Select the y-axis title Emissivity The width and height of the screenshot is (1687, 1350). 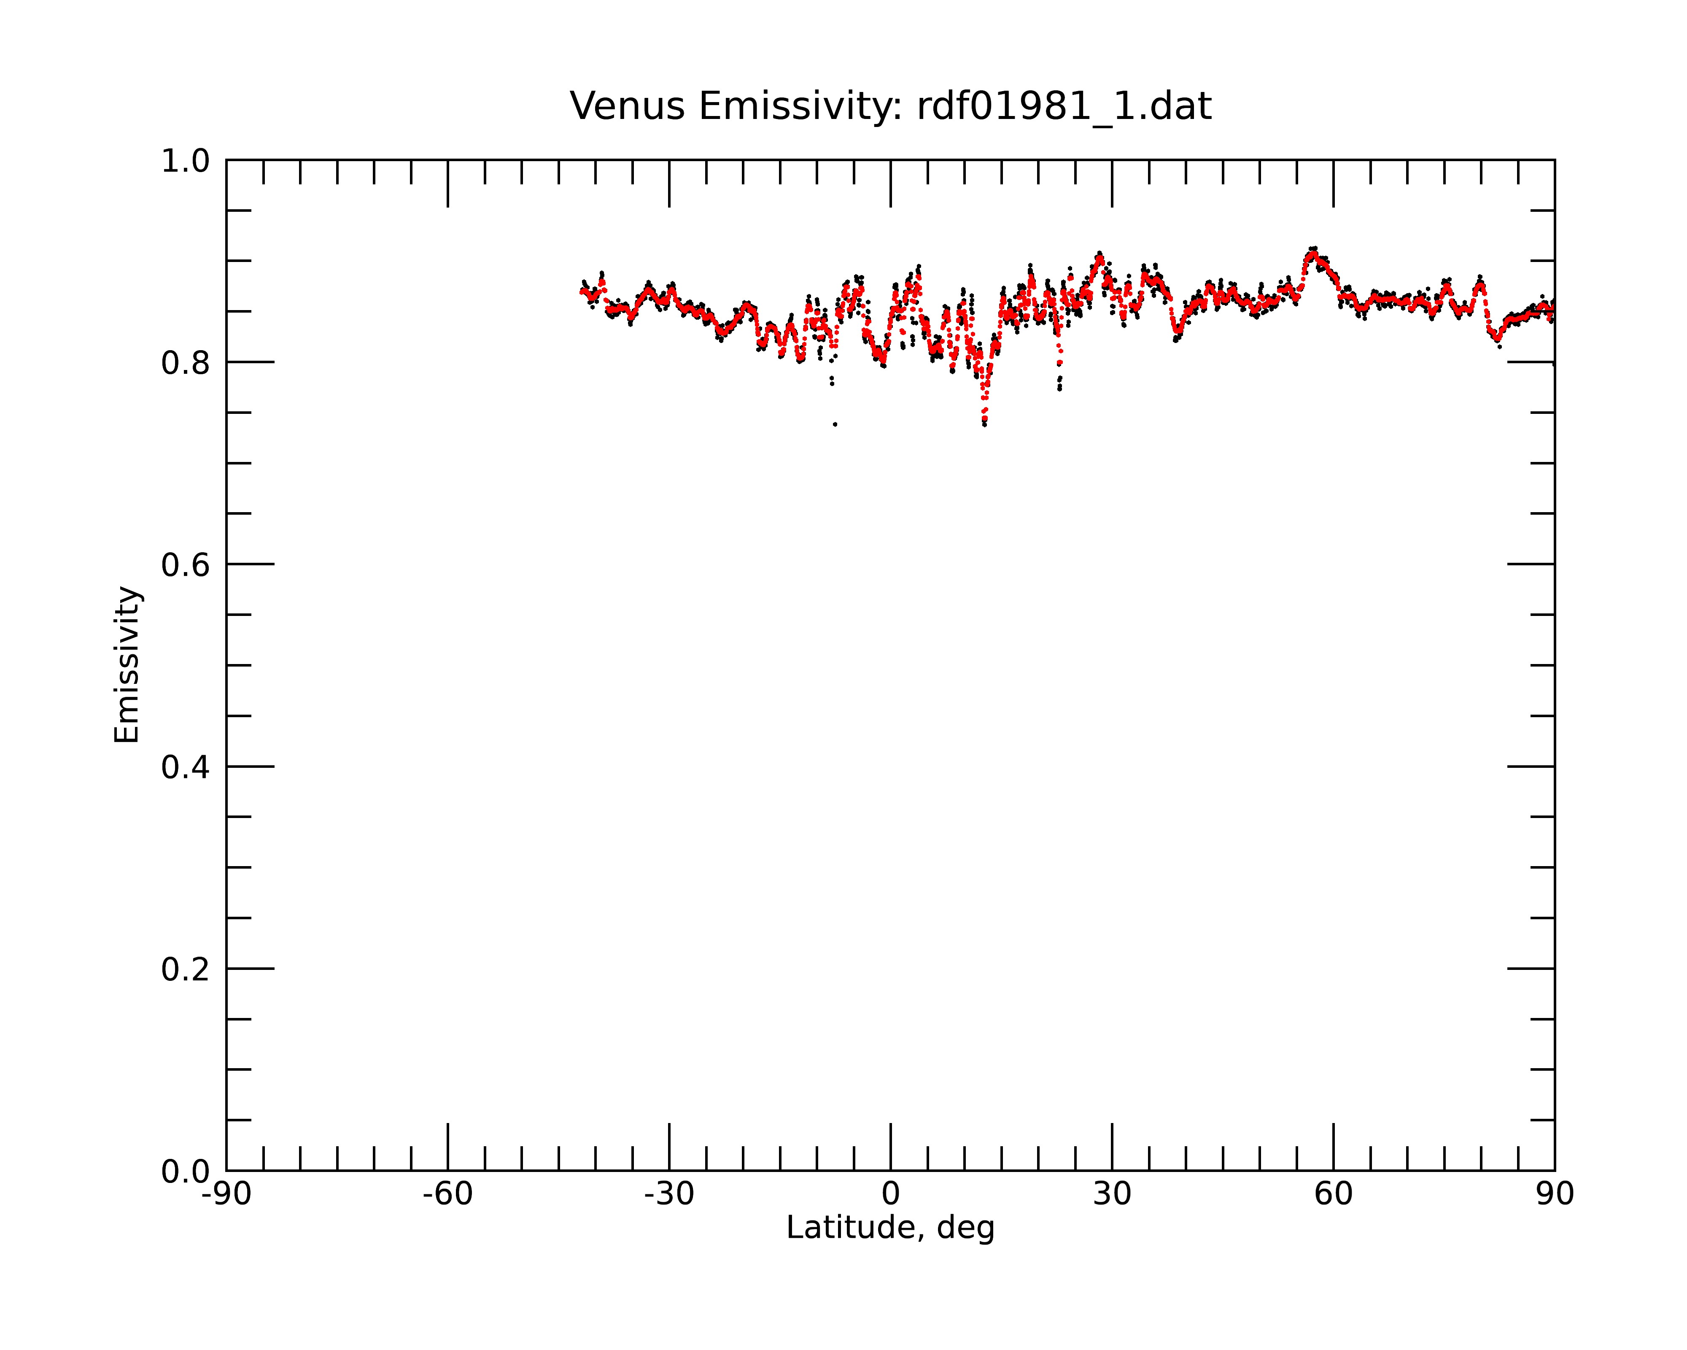(127, 664)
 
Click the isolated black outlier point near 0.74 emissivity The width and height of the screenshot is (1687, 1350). (835, 424)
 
